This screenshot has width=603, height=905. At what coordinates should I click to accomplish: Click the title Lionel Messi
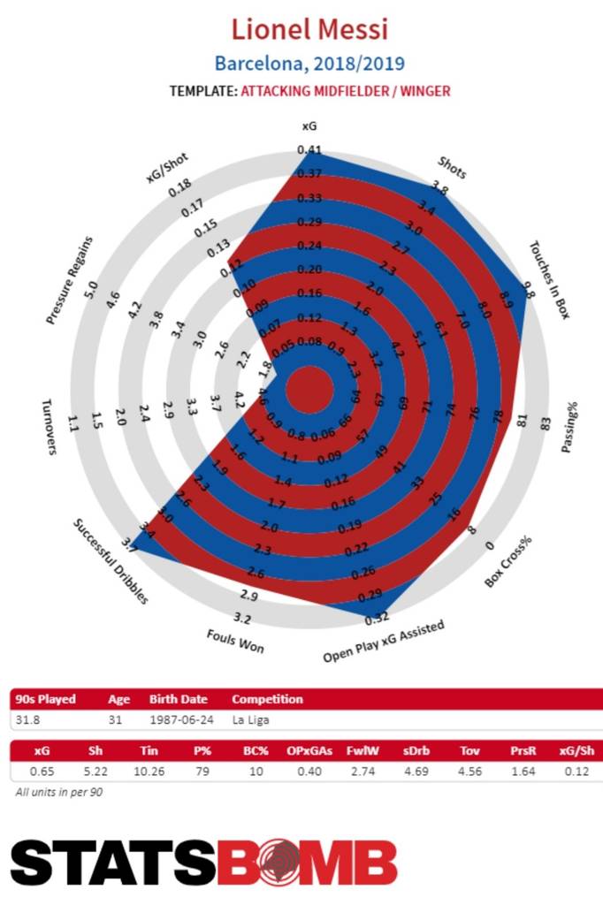tap(309, 30)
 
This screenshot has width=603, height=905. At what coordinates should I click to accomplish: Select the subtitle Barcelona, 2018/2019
tap(309, 64)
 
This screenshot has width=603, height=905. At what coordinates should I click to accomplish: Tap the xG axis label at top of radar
tap(309, 129)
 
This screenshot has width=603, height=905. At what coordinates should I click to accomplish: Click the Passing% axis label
tap(570, 428)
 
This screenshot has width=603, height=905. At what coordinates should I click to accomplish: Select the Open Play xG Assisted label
tap(383, 642)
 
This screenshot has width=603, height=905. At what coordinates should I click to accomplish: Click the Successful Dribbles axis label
tap(110, 560)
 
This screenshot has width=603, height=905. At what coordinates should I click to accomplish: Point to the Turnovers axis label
tap(50, 426)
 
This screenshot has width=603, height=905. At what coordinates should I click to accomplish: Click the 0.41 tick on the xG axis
tap(309, 150)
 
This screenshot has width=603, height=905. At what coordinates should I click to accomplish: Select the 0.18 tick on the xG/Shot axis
tap(180, 188)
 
